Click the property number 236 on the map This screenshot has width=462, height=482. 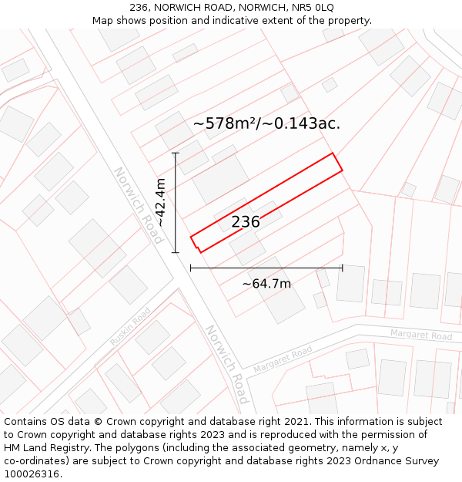point(246,222)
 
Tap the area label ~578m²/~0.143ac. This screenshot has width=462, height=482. point(266,123)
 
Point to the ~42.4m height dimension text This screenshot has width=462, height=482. point(160,202)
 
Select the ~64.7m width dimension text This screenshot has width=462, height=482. point(266,284)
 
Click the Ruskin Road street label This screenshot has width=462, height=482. point(130,327)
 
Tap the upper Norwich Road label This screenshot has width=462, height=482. point(139,206)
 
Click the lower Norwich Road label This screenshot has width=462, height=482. point(226,364)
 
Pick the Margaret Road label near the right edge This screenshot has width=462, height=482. point(420,335)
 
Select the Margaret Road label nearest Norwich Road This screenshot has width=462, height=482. point(283,360)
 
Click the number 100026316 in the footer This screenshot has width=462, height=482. point(32,474)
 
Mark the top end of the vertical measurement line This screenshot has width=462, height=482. point(176,153)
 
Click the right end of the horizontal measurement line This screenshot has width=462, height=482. point(342,268)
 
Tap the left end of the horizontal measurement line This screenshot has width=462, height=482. point(190,268)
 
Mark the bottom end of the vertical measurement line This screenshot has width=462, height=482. point(176,252)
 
